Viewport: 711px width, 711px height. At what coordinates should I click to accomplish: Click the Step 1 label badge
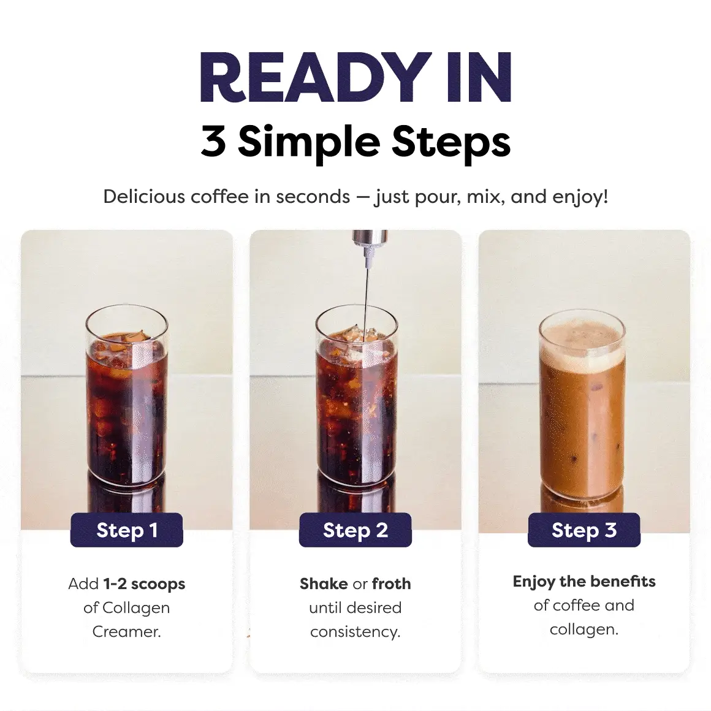pos(126,530)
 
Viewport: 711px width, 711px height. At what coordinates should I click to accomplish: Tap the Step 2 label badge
pos(355,530)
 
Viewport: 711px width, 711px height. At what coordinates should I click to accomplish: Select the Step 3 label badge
pos(584,530)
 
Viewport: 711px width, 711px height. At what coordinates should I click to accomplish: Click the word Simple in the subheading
pos(309,142)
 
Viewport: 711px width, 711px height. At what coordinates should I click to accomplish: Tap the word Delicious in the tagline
pos(144,196)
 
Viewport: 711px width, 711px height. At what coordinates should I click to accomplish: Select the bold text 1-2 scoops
pos(144,584)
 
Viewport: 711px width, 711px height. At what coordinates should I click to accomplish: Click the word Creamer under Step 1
pos(126,632)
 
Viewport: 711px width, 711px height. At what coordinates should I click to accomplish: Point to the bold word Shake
pos(324,584)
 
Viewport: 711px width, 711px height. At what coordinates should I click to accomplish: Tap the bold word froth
pos(391,584)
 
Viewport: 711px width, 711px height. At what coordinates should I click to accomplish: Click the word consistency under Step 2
pos(355,632)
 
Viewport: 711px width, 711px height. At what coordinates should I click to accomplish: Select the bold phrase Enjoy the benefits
pos(584,582)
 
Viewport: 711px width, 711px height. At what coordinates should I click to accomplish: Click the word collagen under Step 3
pos(584,629)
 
